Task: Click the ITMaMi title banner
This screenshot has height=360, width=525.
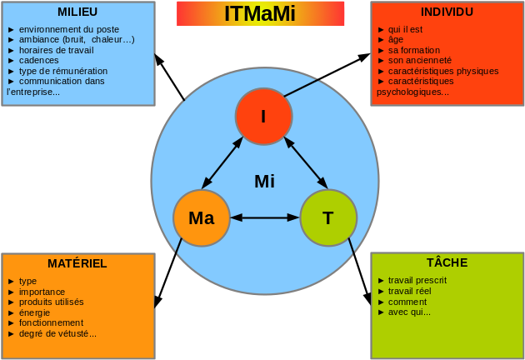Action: click(260, 13)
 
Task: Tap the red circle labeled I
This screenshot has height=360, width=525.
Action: click(263, 117)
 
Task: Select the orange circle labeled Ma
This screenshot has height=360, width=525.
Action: click(202, 218)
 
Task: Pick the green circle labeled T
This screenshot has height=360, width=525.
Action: click(328, 218)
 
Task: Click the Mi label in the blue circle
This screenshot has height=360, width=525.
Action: click(264, 182)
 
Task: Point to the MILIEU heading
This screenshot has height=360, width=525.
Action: click(77, 12)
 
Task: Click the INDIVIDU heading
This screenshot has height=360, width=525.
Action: click(447, 12)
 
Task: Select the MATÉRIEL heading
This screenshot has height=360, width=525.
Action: click(77, 263)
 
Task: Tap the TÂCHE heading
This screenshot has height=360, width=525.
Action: click(447, 262)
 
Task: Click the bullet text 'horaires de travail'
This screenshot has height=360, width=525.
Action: click(57, 50)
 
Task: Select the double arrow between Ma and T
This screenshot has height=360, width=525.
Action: click(264, 217)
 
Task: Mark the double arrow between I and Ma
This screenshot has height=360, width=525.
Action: click(222, 163)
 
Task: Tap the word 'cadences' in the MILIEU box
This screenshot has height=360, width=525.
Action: click(39, 61)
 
